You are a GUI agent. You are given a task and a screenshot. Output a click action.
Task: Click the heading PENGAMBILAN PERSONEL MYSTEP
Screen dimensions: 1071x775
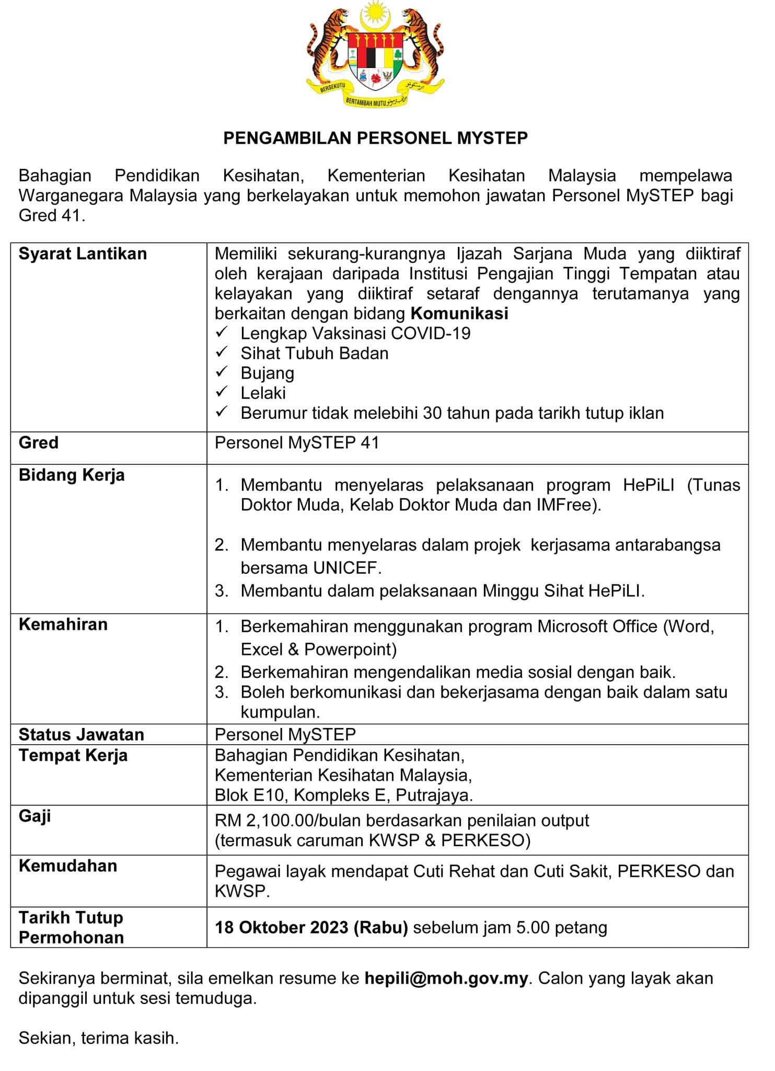[375, 138]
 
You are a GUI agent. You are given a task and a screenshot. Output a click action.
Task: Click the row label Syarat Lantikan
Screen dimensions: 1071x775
[83, 254]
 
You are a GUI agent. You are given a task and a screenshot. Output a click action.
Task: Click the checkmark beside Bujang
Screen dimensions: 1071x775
[222, 373]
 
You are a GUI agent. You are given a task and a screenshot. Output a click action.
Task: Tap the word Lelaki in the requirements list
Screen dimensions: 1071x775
[263, 393]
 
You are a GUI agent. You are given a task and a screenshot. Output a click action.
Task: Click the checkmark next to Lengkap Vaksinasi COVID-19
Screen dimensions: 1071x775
[222, 333]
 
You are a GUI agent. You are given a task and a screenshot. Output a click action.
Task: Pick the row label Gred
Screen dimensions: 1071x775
[38, 443]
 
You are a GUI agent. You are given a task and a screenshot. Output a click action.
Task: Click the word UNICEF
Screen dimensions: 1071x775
[346, 567]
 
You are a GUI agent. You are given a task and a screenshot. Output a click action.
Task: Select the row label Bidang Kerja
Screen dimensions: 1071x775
[72, 475]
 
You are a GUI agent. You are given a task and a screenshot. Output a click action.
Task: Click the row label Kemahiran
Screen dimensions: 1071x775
[63, 624]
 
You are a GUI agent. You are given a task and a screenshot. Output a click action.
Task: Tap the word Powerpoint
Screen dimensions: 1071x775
[350, 649]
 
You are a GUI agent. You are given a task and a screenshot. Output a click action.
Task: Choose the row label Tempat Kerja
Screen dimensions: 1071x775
[73, 756]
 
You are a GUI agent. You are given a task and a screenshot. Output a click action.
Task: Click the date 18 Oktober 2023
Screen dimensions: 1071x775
[282, 927]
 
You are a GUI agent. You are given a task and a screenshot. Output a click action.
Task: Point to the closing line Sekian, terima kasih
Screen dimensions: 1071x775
[99, 1038]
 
